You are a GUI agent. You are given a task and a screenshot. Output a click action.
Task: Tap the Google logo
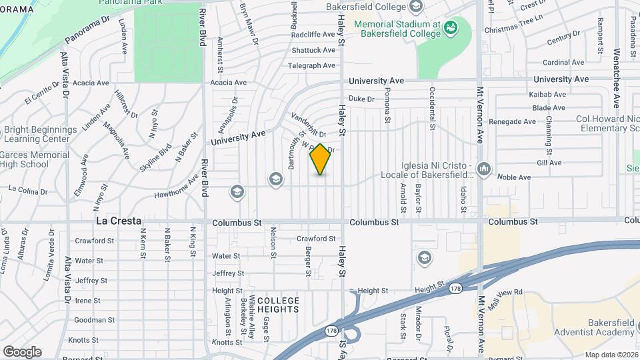[22, 351]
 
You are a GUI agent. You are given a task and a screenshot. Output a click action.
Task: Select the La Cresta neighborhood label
[118, 221]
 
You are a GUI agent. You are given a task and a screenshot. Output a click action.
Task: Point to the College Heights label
[274, 305]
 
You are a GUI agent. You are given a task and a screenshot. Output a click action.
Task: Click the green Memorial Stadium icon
[451, 27]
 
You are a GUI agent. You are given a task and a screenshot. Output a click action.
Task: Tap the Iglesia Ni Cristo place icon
[483, 167]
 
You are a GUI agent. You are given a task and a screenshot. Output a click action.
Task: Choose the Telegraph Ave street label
[311, 65]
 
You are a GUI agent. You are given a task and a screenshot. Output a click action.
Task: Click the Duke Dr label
[362, 99]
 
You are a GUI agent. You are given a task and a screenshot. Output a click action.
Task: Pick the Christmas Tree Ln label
[515, 30]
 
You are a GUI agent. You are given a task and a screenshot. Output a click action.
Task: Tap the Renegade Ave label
[512, 122]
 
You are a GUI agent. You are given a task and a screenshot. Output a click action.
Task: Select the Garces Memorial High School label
[35, 160]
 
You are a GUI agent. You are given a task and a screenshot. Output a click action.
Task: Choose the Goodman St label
[89, 321]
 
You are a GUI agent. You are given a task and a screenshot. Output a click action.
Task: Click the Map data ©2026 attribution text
[610, 355]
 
